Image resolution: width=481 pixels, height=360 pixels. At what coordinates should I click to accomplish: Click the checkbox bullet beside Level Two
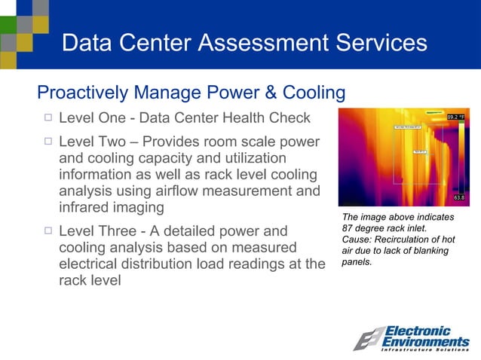pos(47,142)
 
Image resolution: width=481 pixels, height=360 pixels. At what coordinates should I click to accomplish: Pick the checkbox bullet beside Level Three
pos(47,230)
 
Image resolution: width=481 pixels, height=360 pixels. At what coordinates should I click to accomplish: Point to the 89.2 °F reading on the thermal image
pos(461,117)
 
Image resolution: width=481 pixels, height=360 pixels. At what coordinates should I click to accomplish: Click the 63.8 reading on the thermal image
pos(458,198)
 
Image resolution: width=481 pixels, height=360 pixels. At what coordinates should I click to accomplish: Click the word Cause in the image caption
pos(358,239)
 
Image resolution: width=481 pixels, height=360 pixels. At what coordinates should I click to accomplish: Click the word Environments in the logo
pos(427,343)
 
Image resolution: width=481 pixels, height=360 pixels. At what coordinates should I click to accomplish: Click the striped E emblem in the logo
pos(369,339)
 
